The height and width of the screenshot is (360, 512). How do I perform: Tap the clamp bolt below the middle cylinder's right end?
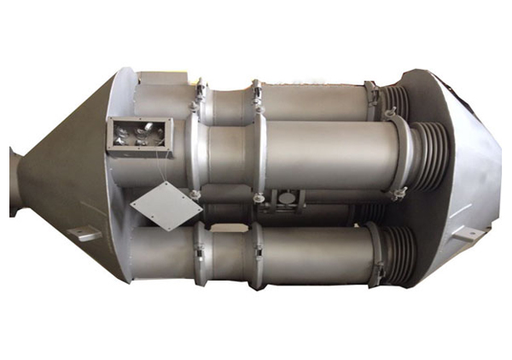point(394,198)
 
